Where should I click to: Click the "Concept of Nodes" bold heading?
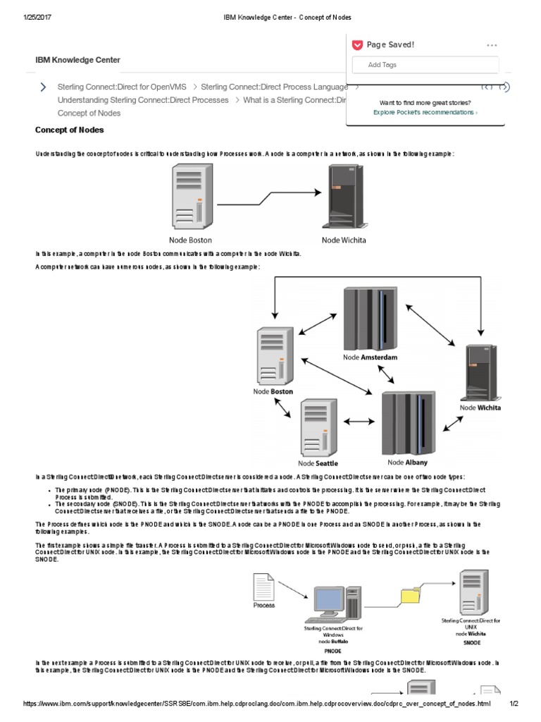(x=70, y=130)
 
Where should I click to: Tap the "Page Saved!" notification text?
(x=390, y=44)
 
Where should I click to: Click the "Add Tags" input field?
(x=425, y=65)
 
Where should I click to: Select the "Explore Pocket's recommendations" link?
(x=424, y=112)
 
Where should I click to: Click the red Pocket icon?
(x=357, y=44)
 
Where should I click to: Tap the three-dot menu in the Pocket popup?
(x=492, y=45)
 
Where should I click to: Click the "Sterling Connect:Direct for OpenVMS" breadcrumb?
(x=122, y=87)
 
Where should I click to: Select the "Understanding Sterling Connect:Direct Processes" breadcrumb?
(x=143, y=100)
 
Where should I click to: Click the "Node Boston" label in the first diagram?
(x=190, y=240)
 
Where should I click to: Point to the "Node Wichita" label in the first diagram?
(x=344, y=240)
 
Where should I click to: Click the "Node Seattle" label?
(x=318, y=463)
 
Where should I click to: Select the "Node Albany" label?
(x=407, y=463)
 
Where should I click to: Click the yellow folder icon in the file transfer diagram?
(x=409, y=596)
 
